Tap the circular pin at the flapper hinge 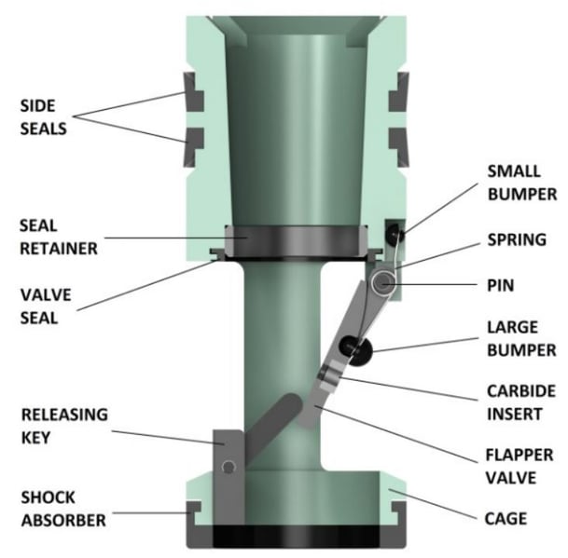point(382,280)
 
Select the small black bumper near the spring point(395,227)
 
